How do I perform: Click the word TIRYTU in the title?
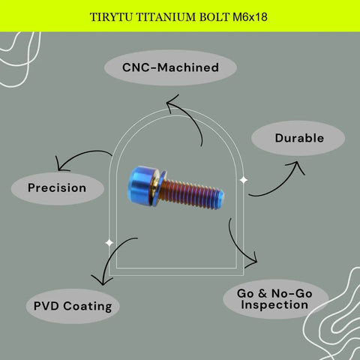[x=111, y=17]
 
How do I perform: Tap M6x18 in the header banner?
[x=250, y=17]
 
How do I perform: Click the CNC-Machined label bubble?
[x=170, y=67]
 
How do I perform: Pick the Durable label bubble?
[x=298, y=138]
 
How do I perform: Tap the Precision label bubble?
[x=57, y=188]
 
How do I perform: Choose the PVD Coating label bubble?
[x=73, y=306]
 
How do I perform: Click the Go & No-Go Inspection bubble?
[x=275, y=299]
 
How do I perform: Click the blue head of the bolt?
[x=139, y=184]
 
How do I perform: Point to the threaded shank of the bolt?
[x=190, y=193]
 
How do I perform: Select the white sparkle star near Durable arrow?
[x=244, y=180]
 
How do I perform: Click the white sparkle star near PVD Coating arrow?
[x=109, y=242]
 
